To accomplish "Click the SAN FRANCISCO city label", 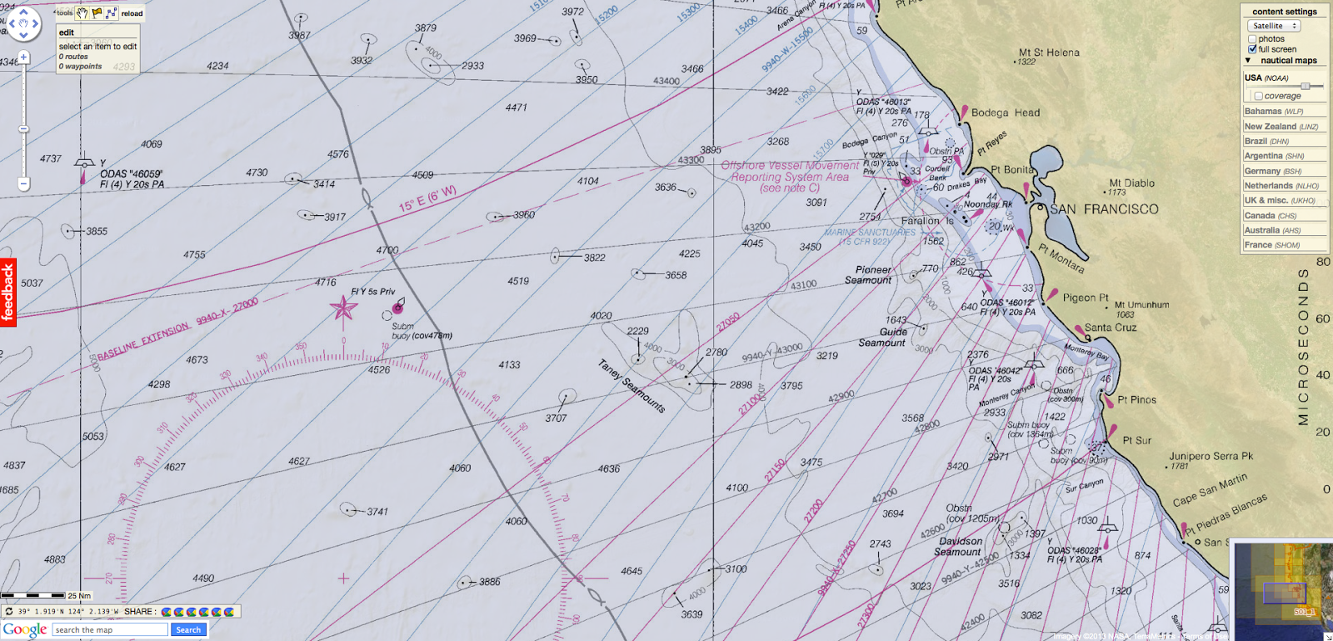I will [1104, 209].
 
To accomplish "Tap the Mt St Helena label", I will [1049, 53].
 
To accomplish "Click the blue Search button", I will [188, 629].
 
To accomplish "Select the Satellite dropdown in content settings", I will [1273, 26].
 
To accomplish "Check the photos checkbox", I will [1252, 39].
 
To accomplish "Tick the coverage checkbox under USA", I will [1258, 96].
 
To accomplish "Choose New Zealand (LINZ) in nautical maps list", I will [1281, 127].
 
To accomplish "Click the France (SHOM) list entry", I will [1271, 245].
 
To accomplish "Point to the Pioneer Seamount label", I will [871, 275].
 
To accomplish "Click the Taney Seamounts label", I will [632, 385].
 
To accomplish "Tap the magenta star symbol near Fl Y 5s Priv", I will [343, 308].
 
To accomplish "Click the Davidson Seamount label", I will [959, 546].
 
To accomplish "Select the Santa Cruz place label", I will [1111, 328].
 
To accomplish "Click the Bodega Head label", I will [1005, 113].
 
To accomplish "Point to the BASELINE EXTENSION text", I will [144, 342].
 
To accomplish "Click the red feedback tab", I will [8, 292].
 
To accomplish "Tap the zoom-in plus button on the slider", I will [23, 58].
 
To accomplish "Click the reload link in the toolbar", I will [132, 13].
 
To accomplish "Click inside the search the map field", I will [108, 629].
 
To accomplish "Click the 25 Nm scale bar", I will [33, 595].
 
